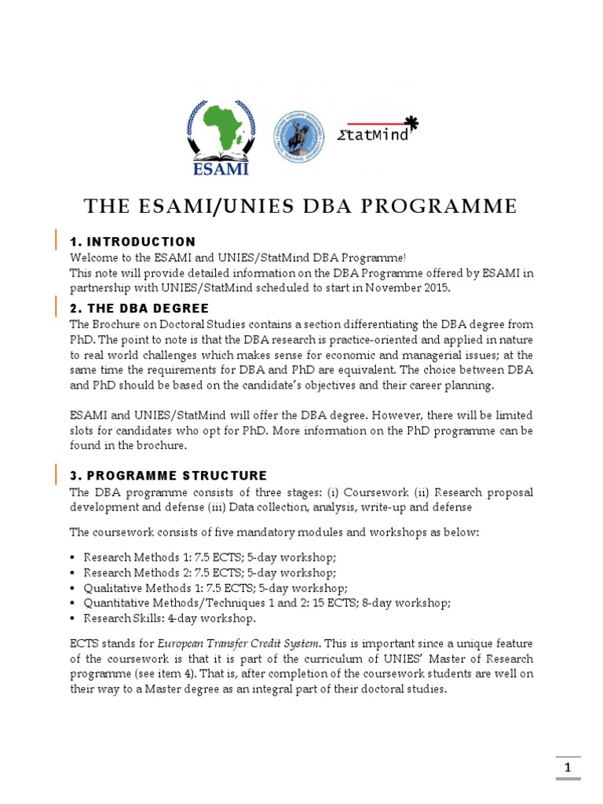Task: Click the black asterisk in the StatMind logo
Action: point(411,122)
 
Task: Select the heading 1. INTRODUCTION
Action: point(133,241)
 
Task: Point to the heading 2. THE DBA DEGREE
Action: point(140,308)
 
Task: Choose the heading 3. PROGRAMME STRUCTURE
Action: point(168,476)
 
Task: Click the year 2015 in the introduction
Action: point(436,287)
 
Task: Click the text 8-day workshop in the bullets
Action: point(407,603)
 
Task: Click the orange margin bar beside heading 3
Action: point(56,475)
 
